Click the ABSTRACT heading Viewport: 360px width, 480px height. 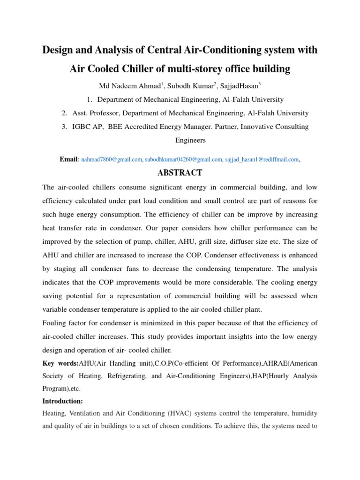(180, 173)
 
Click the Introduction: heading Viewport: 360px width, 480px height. (62, 401)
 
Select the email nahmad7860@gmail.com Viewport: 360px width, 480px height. (112, 160)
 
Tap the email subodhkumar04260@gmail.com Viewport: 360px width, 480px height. (183, 160)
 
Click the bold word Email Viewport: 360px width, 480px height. (69, 160)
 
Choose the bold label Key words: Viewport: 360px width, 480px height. (60, 364)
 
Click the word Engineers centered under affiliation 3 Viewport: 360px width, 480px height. (190, 140)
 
